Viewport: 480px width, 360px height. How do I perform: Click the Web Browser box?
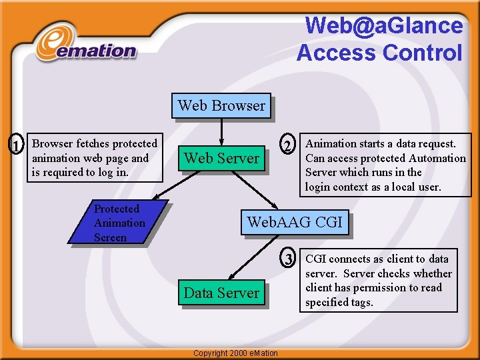[221, 105]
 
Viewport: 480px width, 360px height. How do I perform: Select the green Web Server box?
[221, 158]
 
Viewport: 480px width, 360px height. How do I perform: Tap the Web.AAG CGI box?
[295, 222]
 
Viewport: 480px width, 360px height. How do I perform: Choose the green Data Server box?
[221, 293]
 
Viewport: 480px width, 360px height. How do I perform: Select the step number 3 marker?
[288, 259]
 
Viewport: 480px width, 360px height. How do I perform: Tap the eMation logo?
[87, 45]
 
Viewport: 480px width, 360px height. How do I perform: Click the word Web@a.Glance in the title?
[383, 25]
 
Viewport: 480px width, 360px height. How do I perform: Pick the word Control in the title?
[427, 52]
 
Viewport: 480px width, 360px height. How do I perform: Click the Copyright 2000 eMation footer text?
[235, 352]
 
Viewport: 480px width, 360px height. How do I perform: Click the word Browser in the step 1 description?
[53, 143]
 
